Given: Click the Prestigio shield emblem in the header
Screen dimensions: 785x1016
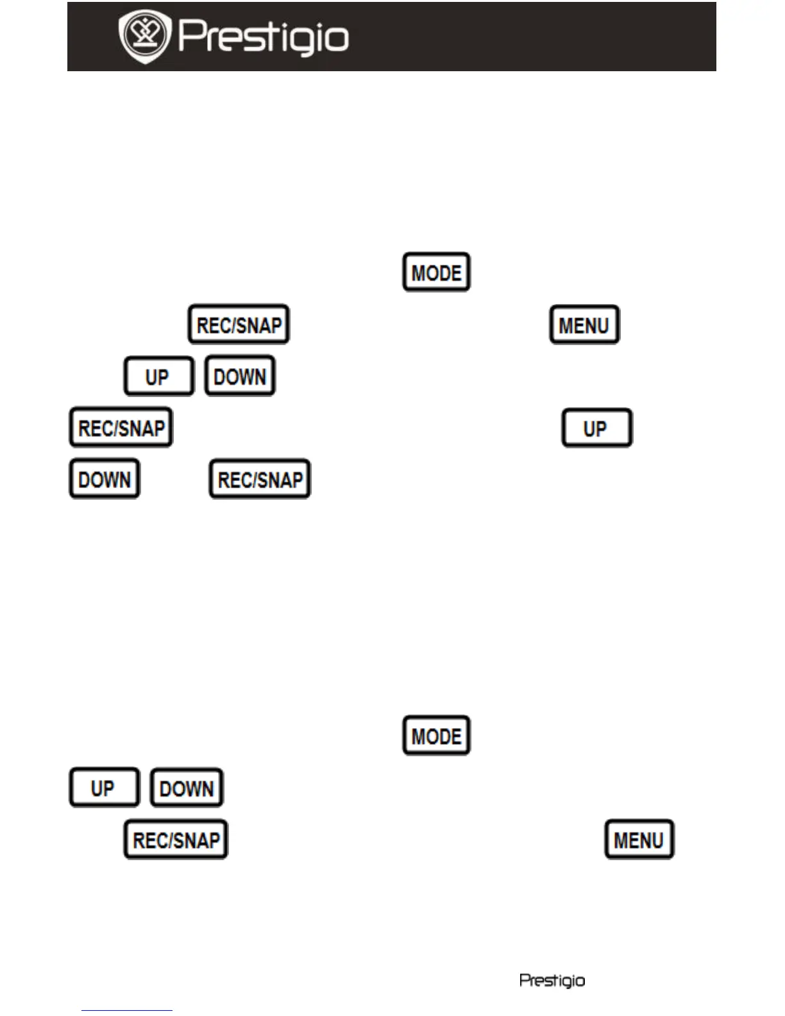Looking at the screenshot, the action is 144,36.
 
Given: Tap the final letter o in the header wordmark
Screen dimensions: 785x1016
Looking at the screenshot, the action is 337,40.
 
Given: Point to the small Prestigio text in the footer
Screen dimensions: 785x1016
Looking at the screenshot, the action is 552,980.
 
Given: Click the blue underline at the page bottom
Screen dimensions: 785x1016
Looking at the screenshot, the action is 126,1010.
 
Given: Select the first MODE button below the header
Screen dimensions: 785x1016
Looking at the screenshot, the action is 436,273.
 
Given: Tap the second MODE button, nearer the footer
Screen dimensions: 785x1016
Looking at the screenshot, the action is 436,736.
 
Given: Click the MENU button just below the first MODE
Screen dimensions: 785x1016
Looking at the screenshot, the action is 584,325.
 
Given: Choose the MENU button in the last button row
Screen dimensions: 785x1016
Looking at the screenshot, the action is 639,840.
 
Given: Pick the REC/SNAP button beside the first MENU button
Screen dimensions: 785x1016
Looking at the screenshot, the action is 239,325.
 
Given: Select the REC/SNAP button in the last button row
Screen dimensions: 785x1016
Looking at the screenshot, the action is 176,840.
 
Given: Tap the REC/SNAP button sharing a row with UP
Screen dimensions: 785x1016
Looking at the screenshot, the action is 121,428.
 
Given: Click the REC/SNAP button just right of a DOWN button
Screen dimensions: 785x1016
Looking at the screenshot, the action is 260,479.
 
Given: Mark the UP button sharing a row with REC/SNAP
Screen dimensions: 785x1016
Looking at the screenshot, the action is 596,428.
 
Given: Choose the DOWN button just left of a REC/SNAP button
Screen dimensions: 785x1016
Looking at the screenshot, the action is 105,479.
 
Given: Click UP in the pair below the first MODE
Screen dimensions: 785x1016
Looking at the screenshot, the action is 158,377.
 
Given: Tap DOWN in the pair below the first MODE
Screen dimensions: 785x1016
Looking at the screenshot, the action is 240,377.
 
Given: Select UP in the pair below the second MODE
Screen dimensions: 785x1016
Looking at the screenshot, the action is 104,788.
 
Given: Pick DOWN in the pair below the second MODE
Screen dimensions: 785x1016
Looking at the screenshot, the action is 187,788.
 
